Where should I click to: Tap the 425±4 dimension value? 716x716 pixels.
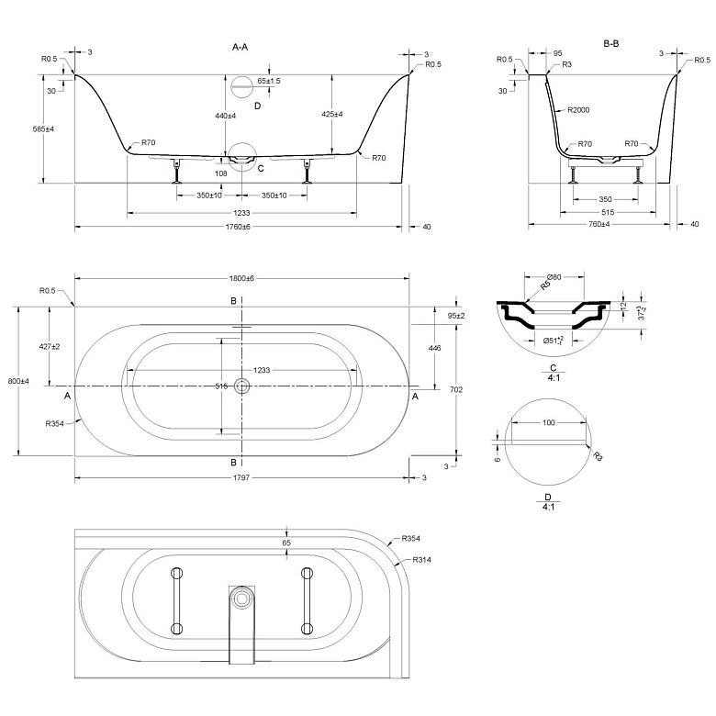[x=332, y=115]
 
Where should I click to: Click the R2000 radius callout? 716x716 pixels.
[x=577, y=110]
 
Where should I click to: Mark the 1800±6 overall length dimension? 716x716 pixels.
[x=243, y=278]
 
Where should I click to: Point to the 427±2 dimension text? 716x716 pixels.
[x=49, y=346]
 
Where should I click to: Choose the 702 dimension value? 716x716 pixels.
[x=457, y=389]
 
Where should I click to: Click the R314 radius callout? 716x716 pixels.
[x=422, y=559]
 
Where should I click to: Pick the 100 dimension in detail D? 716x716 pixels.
[x=548, y=422]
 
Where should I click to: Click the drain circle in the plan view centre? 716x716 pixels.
[x=242, y=386]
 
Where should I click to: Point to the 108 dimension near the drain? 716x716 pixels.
[x=220, y=173]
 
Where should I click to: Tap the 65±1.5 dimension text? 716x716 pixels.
[x=269, y=82]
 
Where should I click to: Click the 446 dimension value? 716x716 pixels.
[x=435, y=349]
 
